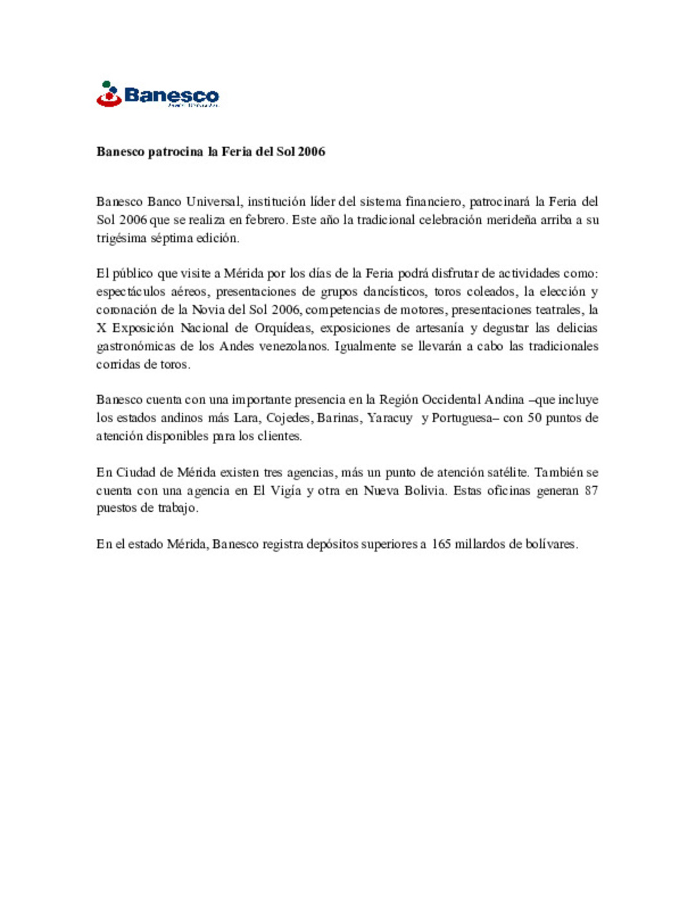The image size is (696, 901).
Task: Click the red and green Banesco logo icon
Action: point(109,94)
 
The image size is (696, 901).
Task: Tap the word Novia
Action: point(208,310)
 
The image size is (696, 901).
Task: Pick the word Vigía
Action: point(285,490)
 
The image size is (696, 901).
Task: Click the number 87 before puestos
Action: point(591,490)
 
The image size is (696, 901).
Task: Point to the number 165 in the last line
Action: point(441,544)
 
